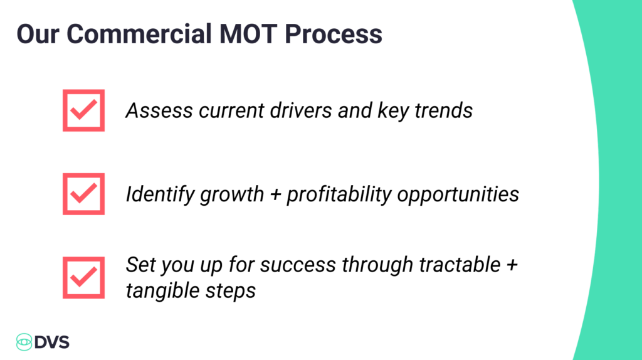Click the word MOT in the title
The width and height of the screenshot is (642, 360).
point(248,34)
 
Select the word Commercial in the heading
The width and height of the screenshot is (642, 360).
point(139,34)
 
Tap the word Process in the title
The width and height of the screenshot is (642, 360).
point(334,34)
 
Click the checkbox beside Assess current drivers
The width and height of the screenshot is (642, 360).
point(83,110)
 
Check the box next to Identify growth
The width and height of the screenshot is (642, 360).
point(83,194)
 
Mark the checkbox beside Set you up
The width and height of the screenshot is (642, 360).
point(83,278)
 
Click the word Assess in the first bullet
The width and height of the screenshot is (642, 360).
point(159,110)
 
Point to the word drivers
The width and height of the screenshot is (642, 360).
point(300,110)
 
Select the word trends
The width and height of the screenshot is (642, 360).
point(443,110)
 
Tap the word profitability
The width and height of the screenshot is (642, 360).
point(339,194)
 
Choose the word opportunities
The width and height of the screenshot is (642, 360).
point(458,194)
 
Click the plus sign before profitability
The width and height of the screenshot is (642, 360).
point(276,195)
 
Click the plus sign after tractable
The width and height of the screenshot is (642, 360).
point(512,265)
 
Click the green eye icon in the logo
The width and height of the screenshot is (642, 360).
point(24,342)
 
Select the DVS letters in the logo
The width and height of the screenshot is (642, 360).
point(52,342)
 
